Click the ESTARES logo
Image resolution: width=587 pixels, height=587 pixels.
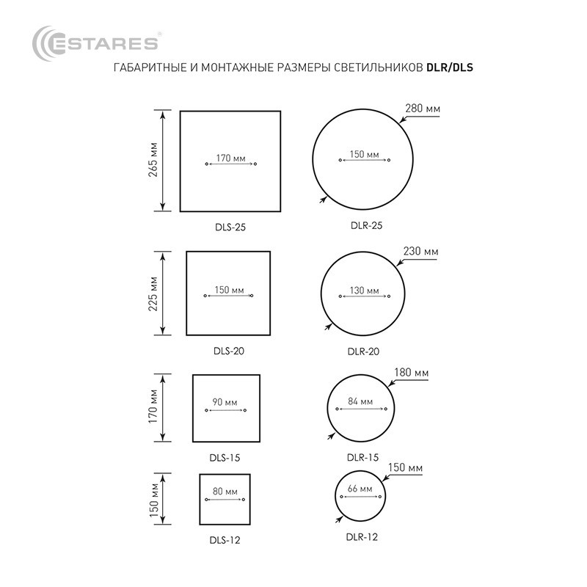[95, 43]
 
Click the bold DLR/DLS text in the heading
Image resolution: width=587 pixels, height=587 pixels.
[450, 68]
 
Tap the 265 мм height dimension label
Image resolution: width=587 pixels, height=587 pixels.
[153, 160]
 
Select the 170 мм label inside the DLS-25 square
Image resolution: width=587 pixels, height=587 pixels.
[230, 158]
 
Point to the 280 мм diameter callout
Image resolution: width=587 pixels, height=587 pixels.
[423, 109]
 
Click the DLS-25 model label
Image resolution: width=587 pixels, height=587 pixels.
[230, 227]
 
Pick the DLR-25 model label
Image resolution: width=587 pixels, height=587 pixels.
[366, 225]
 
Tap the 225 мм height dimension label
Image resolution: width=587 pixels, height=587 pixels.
[153, 294]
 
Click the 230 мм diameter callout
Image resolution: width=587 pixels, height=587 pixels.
[420, 251]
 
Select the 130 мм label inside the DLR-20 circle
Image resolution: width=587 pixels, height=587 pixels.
[364, 291]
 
